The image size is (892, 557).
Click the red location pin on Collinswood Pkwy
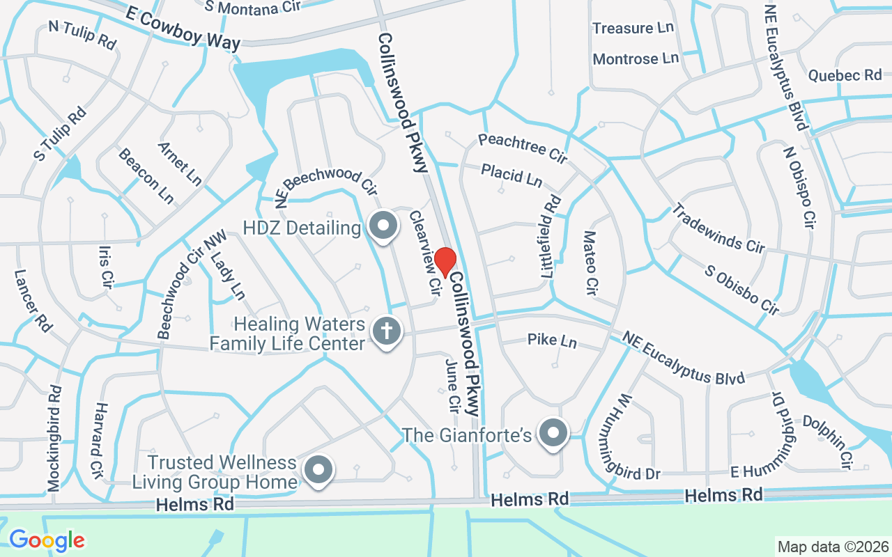(445, 262)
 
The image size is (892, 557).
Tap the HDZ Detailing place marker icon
(383, 226)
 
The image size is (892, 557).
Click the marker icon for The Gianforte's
(553, 433)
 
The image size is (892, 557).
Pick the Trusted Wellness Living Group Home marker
(318, 469)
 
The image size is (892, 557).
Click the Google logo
(47, 540)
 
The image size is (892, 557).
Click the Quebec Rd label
(845, 75)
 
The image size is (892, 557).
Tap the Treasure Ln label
(633, 29)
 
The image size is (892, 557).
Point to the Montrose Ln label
(636, 58)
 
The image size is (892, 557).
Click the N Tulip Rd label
(82, 35)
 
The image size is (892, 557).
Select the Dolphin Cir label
(829, 442)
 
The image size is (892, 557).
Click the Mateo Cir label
(591, 262)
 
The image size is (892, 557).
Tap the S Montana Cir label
(251, 7)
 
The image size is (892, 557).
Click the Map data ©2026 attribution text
(833, 547)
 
